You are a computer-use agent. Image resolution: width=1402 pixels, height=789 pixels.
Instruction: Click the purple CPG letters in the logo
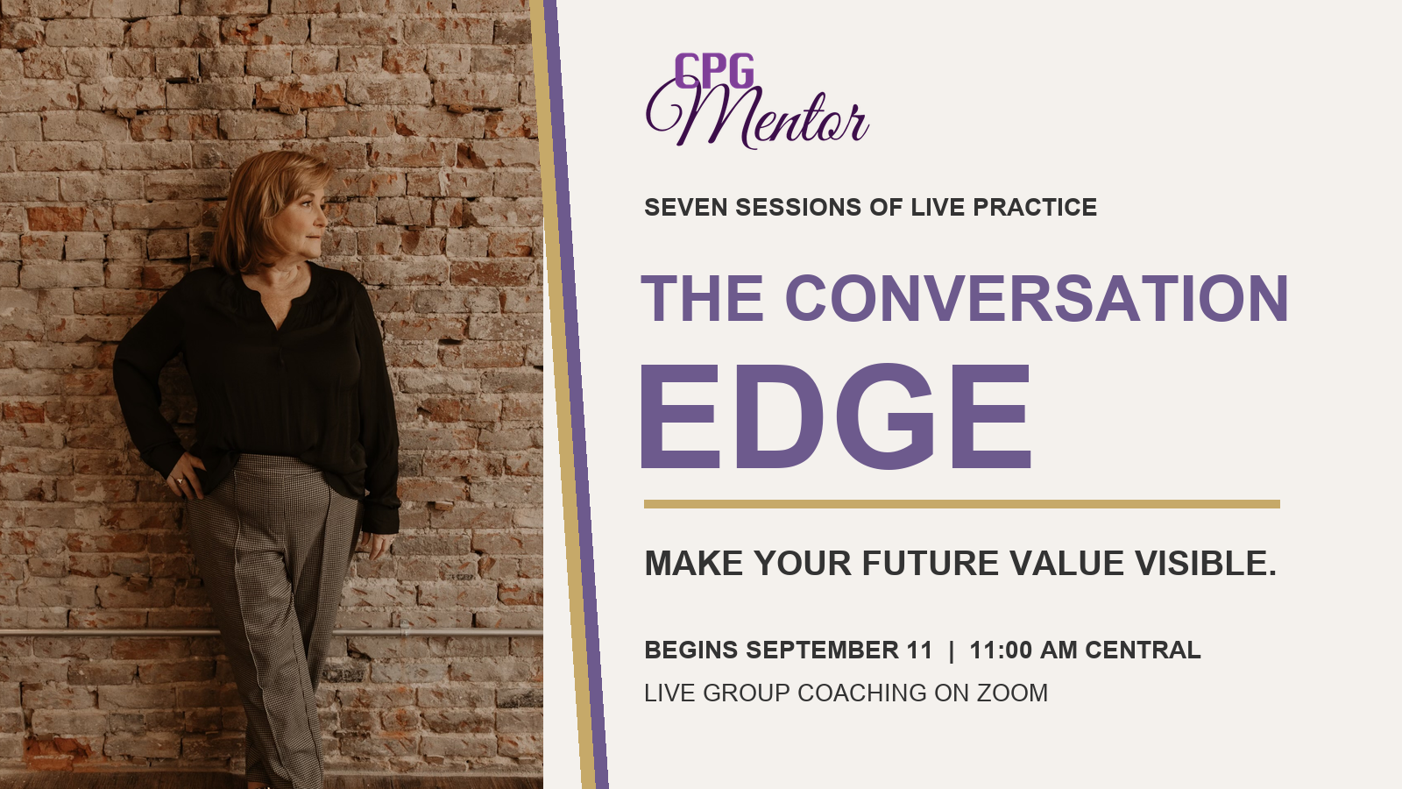click(x=714, y=71)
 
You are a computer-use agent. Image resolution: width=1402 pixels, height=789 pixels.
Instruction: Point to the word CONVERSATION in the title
click(x=1037, y=298)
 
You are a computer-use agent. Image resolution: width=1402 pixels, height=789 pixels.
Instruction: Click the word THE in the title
click(x=702, y=298)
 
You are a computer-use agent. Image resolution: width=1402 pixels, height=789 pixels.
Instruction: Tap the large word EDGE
click(x=836, y=416)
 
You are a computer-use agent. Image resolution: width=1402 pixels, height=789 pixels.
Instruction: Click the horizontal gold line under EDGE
click(x=962, y=504)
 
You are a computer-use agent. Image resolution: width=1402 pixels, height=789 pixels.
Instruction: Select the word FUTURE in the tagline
click(x=930, y=563)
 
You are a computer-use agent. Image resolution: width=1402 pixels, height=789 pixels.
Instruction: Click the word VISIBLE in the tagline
click(x=1206, y=563)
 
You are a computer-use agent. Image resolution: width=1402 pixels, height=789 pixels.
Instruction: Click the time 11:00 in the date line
click(x=1001, y=650)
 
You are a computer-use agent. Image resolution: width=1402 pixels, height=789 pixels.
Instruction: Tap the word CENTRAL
click(x=1143, y=650)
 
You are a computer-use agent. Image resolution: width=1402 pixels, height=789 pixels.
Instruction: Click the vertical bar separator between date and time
click(x=952, y=650)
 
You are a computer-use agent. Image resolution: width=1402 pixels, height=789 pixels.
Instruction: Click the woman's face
click(x=301, y=219)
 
